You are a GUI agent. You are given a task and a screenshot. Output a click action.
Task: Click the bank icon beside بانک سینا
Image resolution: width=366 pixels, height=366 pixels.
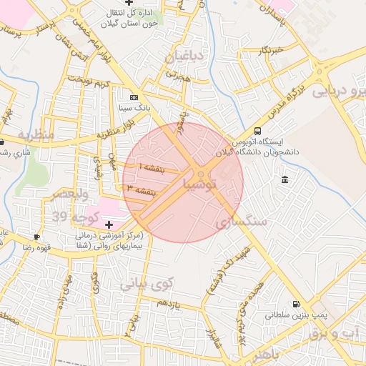pos(134,97)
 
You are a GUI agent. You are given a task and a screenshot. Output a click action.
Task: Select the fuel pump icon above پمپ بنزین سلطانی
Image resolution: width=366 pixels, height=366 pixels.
pos(296,304)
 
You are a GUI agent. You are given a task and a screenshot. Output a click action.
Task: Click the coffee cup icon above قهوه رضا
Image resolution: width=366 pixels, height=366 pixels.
pos(36,236)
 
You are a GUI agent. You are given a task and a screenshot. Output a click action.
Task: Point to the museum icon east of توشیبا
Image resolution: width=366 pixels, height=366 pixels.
pos(285,179)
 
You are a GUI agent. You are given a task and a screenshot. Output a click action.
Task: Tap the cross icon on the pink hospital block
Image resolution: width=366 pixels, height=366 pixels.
pos(108,224)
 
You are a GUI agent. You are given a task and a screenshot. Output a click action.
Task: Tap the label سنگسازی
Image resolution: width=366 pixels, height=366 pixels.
pos(241,222)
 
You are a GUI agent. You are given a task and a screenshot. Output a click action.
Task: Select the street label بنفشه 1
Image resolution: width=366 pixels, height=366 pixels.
pos(151,166)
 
